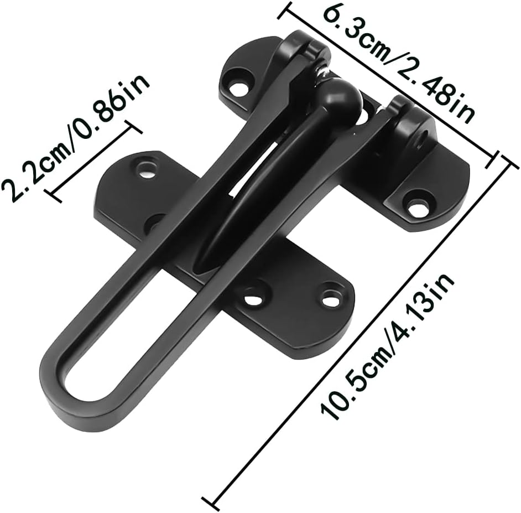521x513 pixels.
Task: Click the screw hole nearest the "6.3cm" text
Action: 239,87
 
